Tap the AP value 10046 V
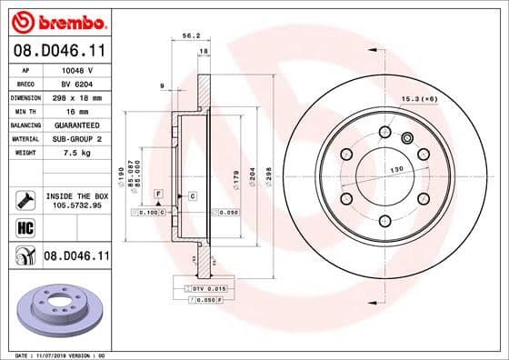75,69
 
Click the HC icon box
25,227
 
